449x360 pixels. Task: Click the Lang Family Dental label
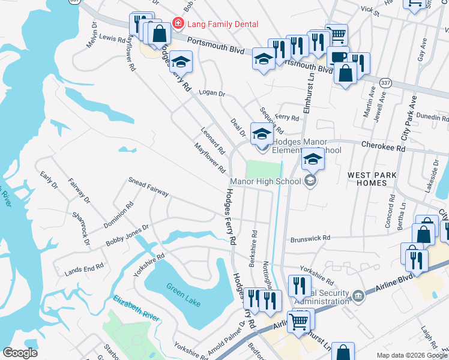click(x=223, y=24)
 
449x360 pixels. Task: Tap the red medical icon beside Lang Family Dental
click(x=178, y=24)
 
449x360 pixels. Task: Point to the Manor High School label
click(x=265, y=181)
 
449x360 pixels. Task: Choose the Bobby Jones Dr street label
click(x=127, y=236)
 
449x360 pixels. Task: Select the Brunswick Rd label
click(x=310, y=238)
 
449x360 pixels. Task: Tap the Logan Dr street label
click(x=211, y=94)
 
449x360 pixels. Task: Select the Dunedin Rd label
click(x=433, y=118)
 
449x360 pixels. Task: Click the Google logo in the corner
click(x=20, y=353)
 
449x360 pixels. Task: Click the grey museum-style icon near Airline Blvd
click(x=358, y=295)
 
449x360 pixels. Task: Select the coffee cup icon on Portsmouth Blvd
click(x=337, y=58)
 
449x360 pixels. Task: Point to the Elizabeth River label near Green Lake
click(x=137, y=310)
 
